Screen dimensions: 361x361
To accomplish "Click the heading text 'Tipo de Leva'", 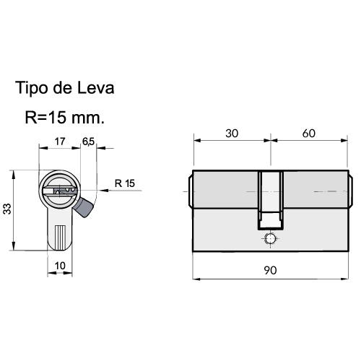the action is click(x=64, y=88).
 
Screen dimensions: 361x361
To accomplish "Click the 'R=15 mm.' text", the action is click(x=65, y=118).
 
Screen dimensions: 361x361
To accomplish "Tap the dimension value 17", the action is click(x=60, y=142).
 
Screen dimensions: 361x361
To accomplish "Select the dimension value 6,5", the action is click(x=88, y=142).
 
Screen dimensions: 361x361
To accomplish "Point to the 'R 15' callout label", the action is click(x=125, y=183).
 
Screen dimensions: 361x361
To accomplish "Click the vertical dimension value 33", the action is click(x=7, y=209).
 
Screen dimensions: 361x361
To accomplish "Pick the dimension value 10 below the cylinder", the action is click(x=60, y=266).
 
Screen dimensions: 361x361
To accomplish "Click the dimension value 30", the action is click(x=232, y=134).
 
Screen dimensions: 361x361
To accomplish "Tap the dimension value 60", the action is click(x=309, y=134).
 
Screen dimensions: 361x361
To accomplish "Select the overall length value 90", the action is click(x=271, y=270).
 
